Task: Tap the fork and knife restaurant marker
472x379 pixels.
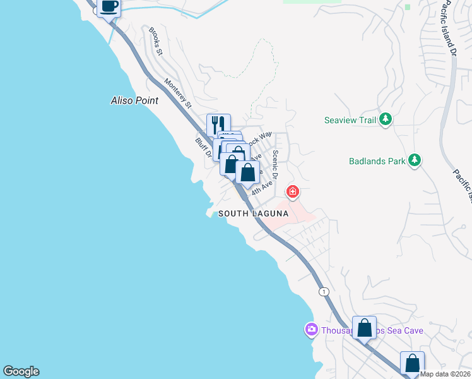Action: coord(218,124)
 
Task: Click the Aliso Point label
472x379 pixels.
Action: coord(134,100)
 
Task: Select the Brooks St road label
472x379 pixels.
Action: coord(155,41)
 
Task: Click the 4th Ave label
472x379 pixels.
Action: coord(262,188)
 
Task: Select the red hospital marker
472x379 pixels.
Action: coord(293,191)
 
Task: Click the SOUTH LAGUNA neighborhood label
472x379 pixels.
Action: coord(253,214)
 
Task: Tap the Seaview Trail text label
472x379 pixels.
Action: coord(350,119)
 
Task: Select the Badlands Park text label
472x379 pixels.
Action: coord(377,161)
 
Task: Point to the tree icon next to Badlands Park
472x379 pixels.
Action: coord(414,160)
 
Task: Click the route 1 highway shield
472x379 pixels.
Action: coord(324,291)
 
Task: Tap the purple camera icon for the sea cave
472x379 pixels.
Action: coord(311,330)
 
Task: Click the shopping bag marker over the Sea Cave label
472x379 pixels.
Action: coord(364,328)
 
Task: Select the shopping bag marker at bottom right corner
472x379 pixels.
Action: coord(412,363)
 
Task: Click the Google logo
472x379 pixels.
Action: coord(21,371)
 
